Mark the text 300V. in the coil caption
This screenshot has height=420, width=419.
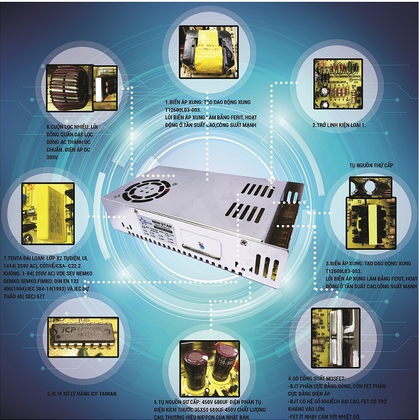[x=52, y=157]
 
